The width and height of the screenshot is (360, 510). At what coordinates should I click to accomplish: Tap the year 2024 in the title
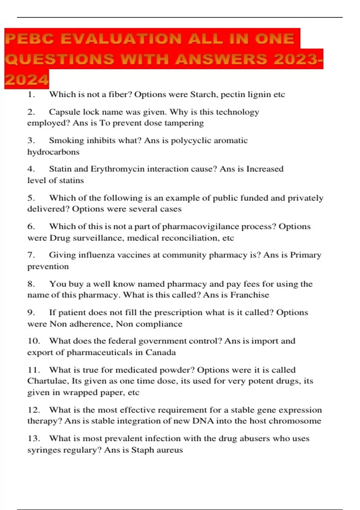pyautogui.click(x=27, y=80)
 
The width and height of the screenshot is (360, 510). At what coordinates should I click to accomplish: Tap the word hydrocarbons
pyautogui.click(x=53, y=152)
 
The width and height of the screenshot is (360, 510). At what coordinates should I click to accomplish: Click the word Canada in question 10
pyautogui.click(x=161, y=352)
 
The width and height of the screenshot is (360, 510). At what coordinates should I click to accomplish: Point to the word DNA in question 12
pyautogui.click(x=203, y=421)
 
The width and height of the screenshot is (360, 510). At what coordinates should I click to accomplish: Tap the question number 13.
pyautogui.click(x=33, y=439)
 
